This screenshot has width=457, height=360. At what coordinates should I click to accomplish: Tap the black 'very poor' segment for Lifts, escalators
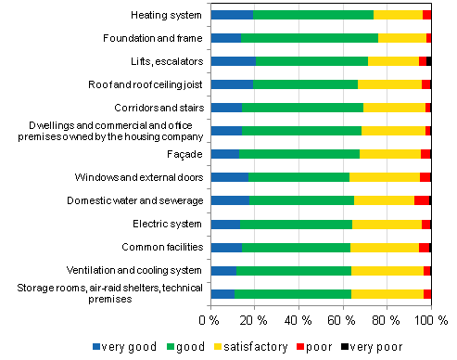(x=428, y=61)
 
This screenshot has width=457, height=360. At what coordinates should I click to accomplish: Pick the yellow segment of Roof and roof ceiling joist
(x=389, y=84)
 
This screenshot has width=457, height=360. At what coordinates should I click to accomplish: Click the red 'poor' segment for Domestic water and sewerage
(x=421, y=200)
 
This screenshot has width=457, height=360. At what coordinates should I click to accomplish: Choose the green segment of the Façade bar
(x=298, y=154)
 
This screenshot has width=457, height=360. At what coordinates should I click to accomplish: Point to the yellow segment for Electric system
(x=387, y=224)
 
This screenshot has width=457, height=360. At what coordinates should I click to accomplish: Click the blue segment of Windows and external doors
(x=229, y=177)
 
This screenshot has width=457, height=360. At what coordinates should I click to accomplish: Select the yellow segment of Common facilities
(x=384, y=247)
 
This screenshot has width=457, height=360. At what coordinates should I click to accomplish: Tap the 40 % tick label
(x=298, y=319)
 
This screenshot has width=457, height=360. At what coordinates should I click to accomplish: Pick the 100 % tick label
(x=427, y=319)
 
